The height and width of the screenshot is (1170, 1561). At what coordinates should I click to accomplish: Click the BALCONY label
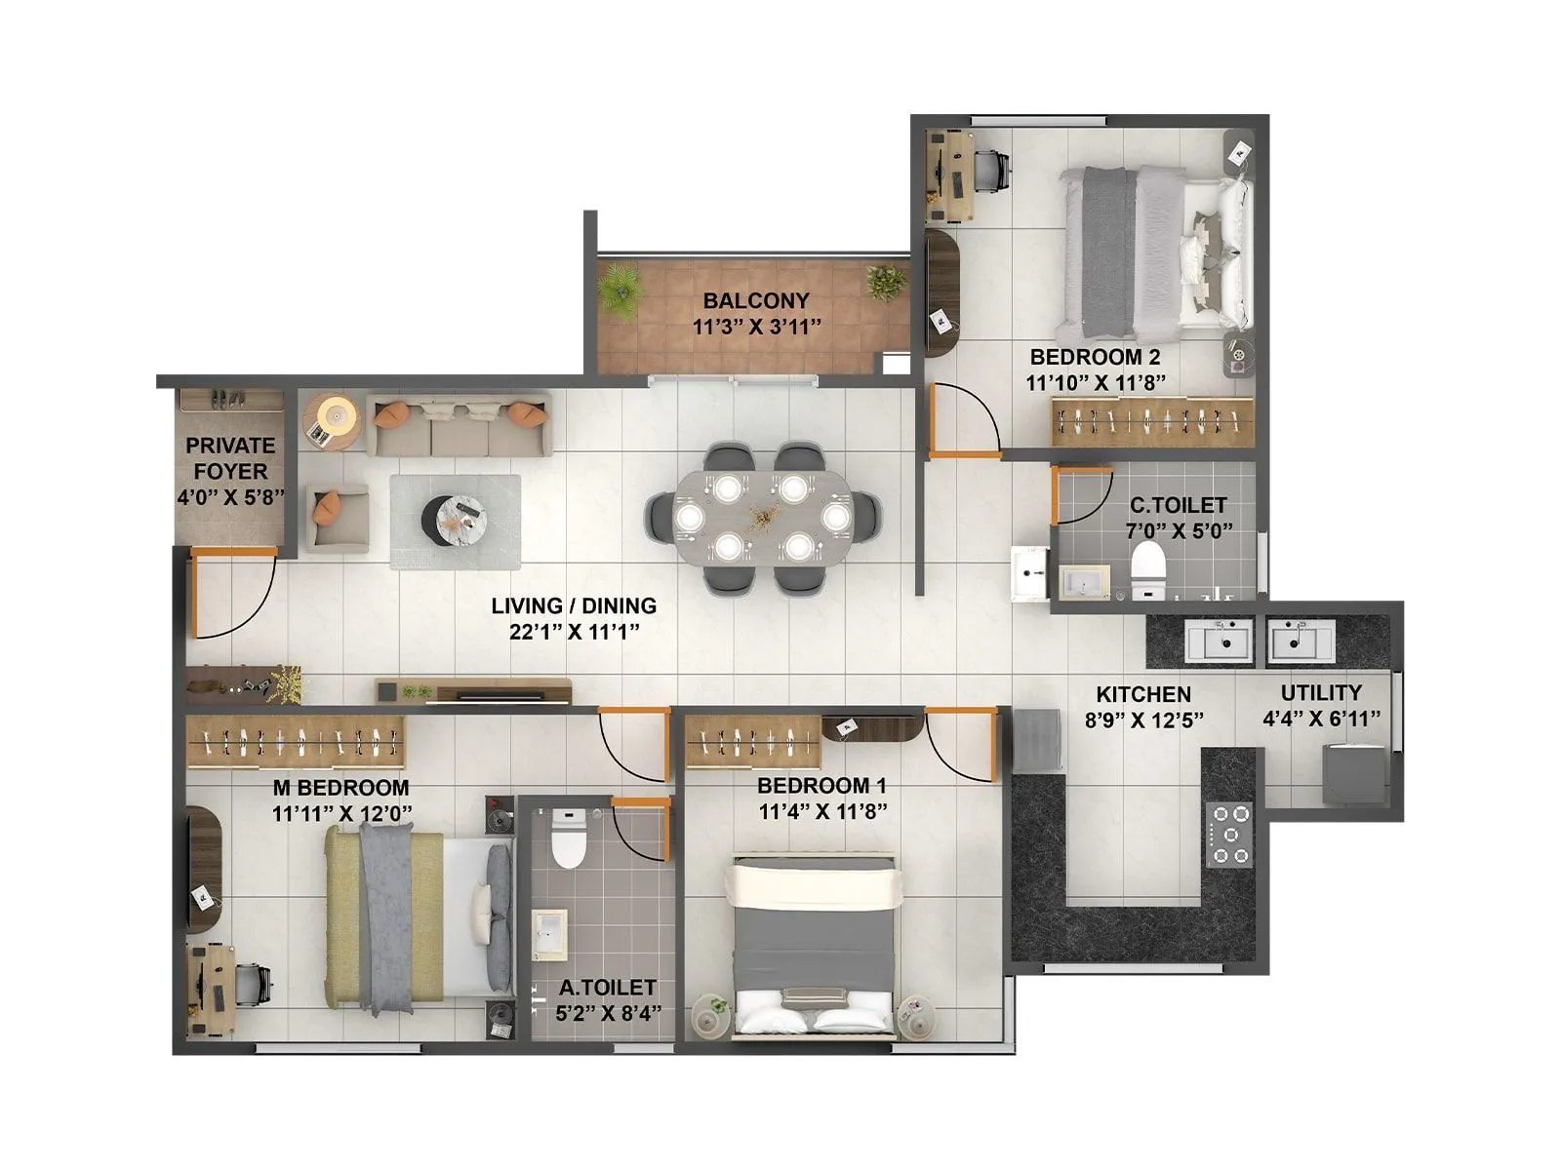click(756, 301)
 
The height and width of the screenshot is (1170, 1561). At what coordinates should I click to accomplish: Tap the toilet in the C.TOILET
click(1147, 566)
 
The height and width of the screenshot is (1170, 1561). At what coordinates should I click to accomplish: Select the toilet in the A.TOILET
click(568, 838)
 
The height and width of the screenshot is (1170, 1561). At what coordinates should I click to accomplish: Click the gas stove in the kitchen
click(1228, 834)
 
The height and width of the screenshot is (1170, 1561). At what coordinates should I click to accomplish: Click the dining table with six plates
click(762, 517)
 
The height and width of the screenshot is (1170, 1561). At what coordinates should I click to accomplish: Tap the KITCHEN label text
click(1142, 695)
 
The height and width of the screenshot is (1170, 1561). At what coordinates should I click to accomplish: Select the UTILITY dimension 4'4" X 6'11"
click(1321, 720)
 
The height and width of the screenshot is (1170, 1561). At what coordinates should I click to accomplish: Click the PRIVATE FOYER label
click(230, 458)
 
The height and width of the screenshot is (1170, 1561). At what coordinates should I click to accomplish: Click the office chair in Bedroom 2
click(991, 172)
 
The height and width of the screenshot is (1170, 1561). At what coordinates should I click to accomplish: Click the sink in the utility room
click(1301, 642)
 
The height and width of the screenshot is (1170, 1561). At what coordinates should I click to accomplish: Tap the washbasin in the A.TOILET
click(550, 930)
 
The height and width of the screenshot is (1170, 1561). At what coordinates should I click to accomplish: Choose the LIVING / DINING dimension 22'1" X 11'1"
click(574, 632)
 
